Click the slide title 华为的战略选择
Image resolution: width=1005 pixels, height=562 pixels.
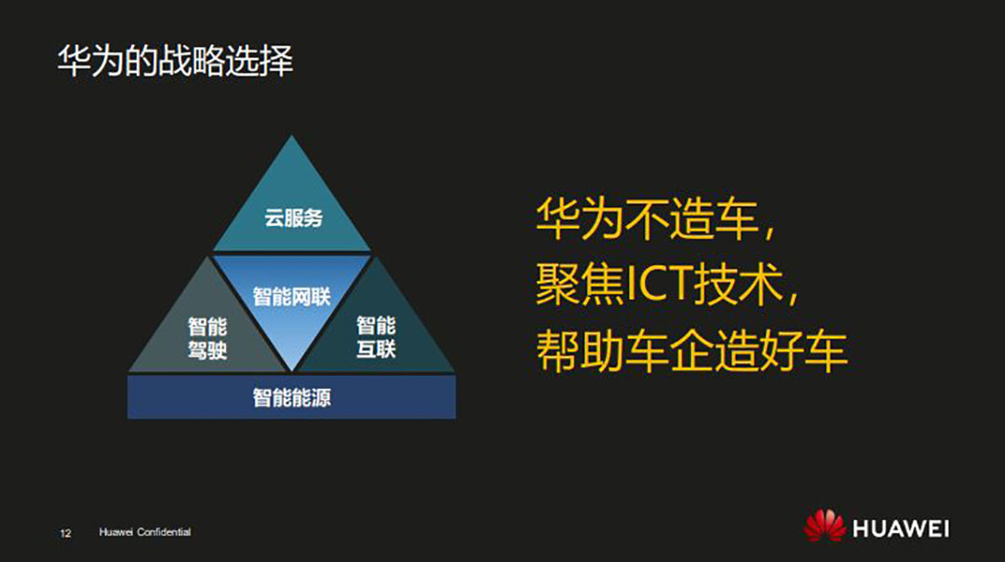[x=175, y=61]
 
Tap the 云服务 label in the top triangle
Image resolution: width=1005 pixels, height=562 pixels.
[x=293, y=218]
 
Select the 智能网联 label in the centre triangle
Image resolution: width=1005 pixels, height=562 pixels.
[x=291, y=297]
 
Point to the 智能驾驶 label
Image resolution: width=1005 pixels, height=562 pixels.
[x=207, y=338]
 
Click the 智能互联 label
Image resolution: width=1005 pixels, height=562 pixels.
[x=376, y=337]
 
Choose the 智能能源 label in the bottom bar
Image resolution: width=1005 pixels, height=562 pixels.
[x=291, y=398]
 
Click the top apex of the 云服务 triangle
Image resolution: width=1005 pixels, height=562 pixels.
[x=291, y=135]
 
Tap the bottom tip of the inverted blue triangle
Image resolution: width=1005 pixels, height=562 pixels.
[x=291, y=369]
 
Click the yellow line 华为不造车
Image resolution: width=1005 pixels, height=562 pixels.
[x=655, y=219]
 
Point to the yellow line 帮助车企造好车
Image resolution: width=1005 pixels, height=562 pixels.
[x=691, y=351]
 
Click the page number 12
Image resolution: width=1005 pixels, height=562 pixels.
[x=65, y=533]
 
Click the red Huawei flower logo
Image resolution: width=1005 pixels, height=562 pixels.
[x=824, y=525]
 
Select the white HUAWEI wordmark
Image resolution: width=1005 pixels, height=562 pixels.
[x=901, y=529]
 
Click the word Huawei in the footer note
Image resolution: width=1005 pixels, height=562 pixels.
[x=116, y=532]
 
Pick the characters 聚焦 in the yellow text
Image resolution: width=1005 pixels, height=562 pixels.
[x=580, y=284]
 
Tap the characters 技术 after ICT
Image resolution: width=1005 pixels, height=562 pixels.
[x=738, y=284]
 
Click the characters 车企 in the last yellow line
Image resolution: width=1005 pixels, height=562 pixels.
[x=669, y=351]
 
